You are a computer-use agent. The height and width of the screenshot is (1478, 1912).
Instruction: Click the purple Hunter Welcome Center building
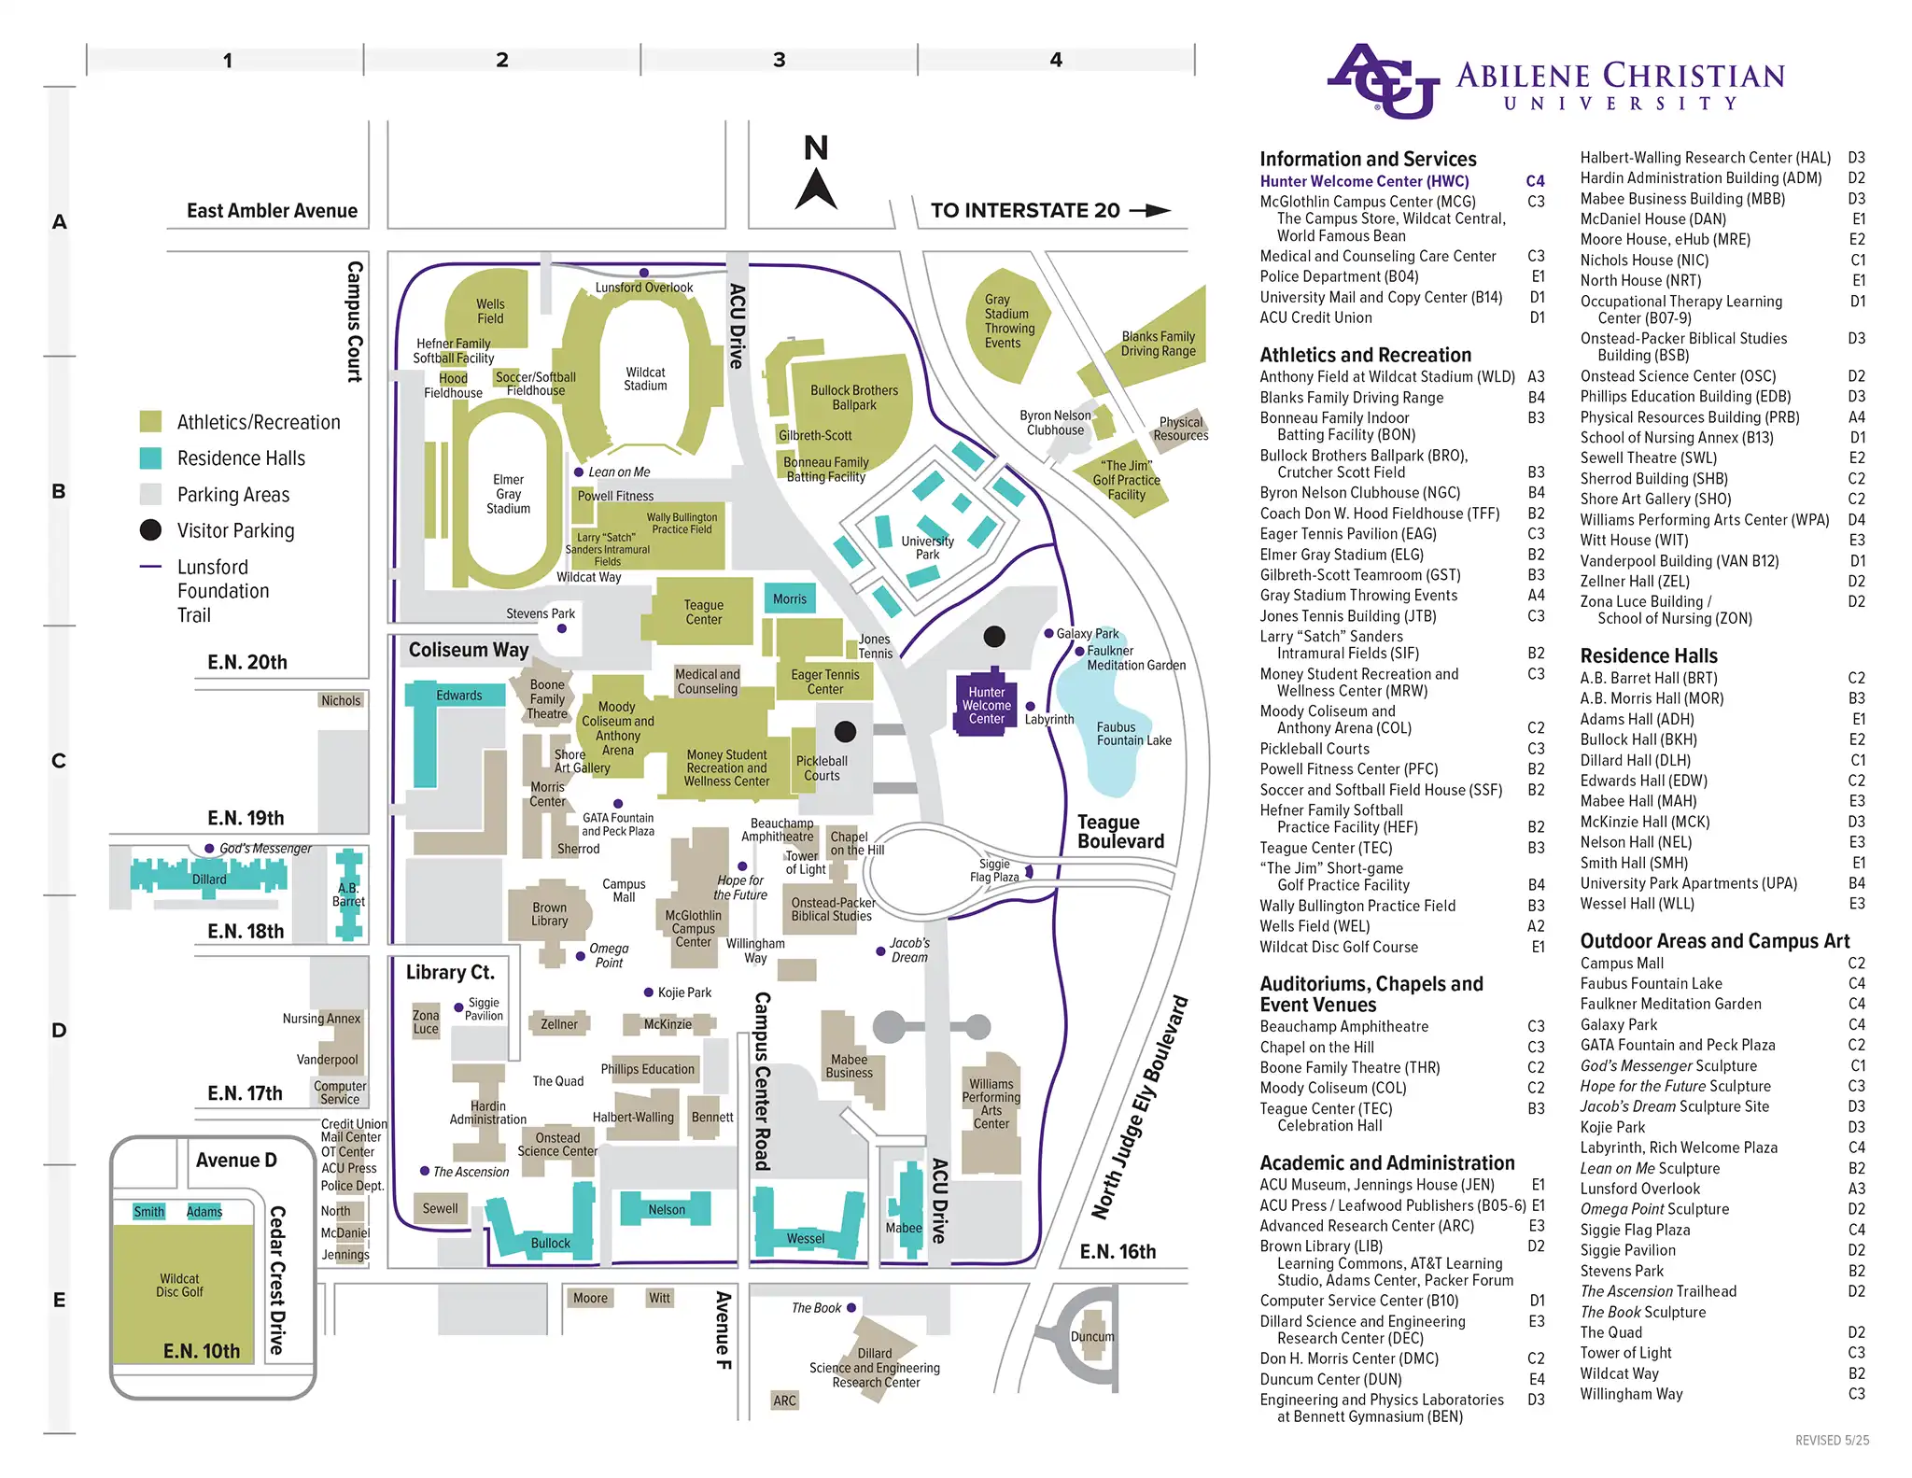986,705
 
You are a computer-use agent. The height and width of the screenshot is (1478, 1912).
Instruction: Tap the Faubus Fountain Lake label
1132,734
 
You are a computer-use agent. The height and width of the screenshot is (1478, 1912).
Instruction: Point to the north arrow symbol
816,187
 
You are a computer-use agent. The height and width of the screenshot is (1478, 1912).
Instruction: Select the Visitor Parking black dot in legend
150,530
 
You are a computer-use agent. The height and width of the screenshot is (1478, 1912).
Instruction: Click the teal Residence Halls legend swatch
150,458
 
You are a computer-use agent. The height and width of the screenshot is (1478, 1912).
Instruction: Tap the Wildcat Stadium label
645,379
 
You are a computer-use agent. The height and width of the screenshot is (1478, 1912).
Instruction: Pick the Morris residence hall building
790,598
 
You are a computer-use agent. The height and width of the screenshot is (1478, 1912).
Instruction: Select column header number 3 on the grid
779,60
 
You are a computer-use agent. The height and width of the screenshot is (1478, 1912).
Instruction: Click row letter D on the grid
59,1031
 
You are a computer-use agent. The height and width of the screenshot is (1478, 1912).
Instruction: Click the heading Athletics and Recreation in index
1365,355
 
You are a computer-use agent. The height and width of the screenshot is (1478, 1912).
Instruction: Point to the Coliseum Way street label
468,650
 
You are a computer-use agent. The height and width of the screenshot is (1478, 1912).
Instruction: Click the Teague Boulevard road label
1119,831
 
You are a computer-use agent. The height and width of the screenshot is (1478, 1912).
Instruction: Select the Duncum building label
1091,1336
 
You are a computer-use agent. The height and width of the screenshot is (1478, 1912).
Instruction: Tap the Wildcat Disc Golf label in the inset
179,1285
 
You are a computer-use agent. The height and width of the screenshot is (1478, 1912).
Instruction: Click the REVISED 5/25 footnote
1832,1440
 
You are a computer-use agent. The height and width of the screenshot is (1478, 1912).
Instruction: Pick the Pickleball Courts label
822,767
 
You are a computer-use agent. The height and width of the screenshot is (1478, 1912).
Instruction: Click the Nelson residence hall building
666,1209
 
